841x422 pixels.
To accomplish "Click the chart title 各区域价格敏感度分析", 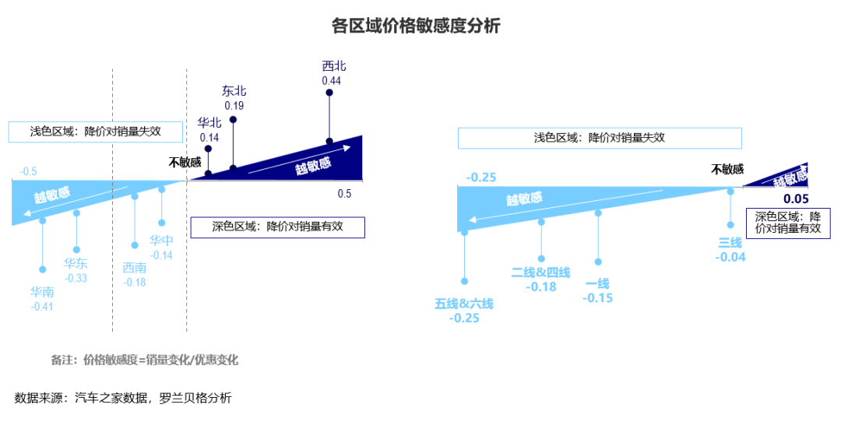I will (x=415, y=26).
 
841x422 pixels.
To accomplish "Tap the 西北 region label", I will (x=332, y=67).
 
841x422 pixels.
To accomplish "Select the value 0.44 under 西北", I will (x=332, y=80).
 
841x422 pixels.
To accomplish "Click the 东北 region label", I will (x=234, y=91).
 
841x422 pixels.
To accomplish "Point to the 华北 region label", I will (x=209, y=123).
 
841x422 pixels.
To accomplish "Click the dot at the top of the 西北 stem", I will (x=329, y=93).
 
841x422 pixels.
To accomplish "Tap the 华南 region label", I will (x=43, y=292).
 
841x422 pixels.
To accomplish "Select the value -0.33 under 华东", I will (x=76, y=278).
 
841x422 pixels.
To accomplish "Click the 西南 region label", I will (x=135, y=268).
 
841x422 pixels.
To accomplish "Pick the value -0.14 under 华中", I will (x=161, y=255).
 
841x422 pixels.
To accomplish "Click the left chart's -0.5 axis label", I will (x=29, y=171).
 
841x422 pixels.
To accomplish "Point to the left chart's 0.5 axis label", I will (x=344, y=194).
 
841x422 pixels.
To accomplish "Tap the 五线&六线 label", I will (x=464, y=304).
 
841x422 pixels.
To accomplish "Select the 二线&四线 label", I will (x=540, y=273).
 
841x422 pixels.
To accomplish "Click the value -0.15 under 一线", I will (x=597, y=298).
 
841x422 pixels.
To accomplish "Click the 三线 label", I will (x=730, y=244).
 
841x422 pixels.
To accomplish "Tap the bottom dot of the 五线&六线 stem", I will (x=464, y=281).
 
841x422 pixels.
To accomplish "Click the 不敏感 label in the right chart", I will (x=727, y=169).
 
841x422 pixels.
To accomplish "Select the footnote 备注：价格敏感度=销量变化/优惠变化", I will (x=144, y=360).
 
